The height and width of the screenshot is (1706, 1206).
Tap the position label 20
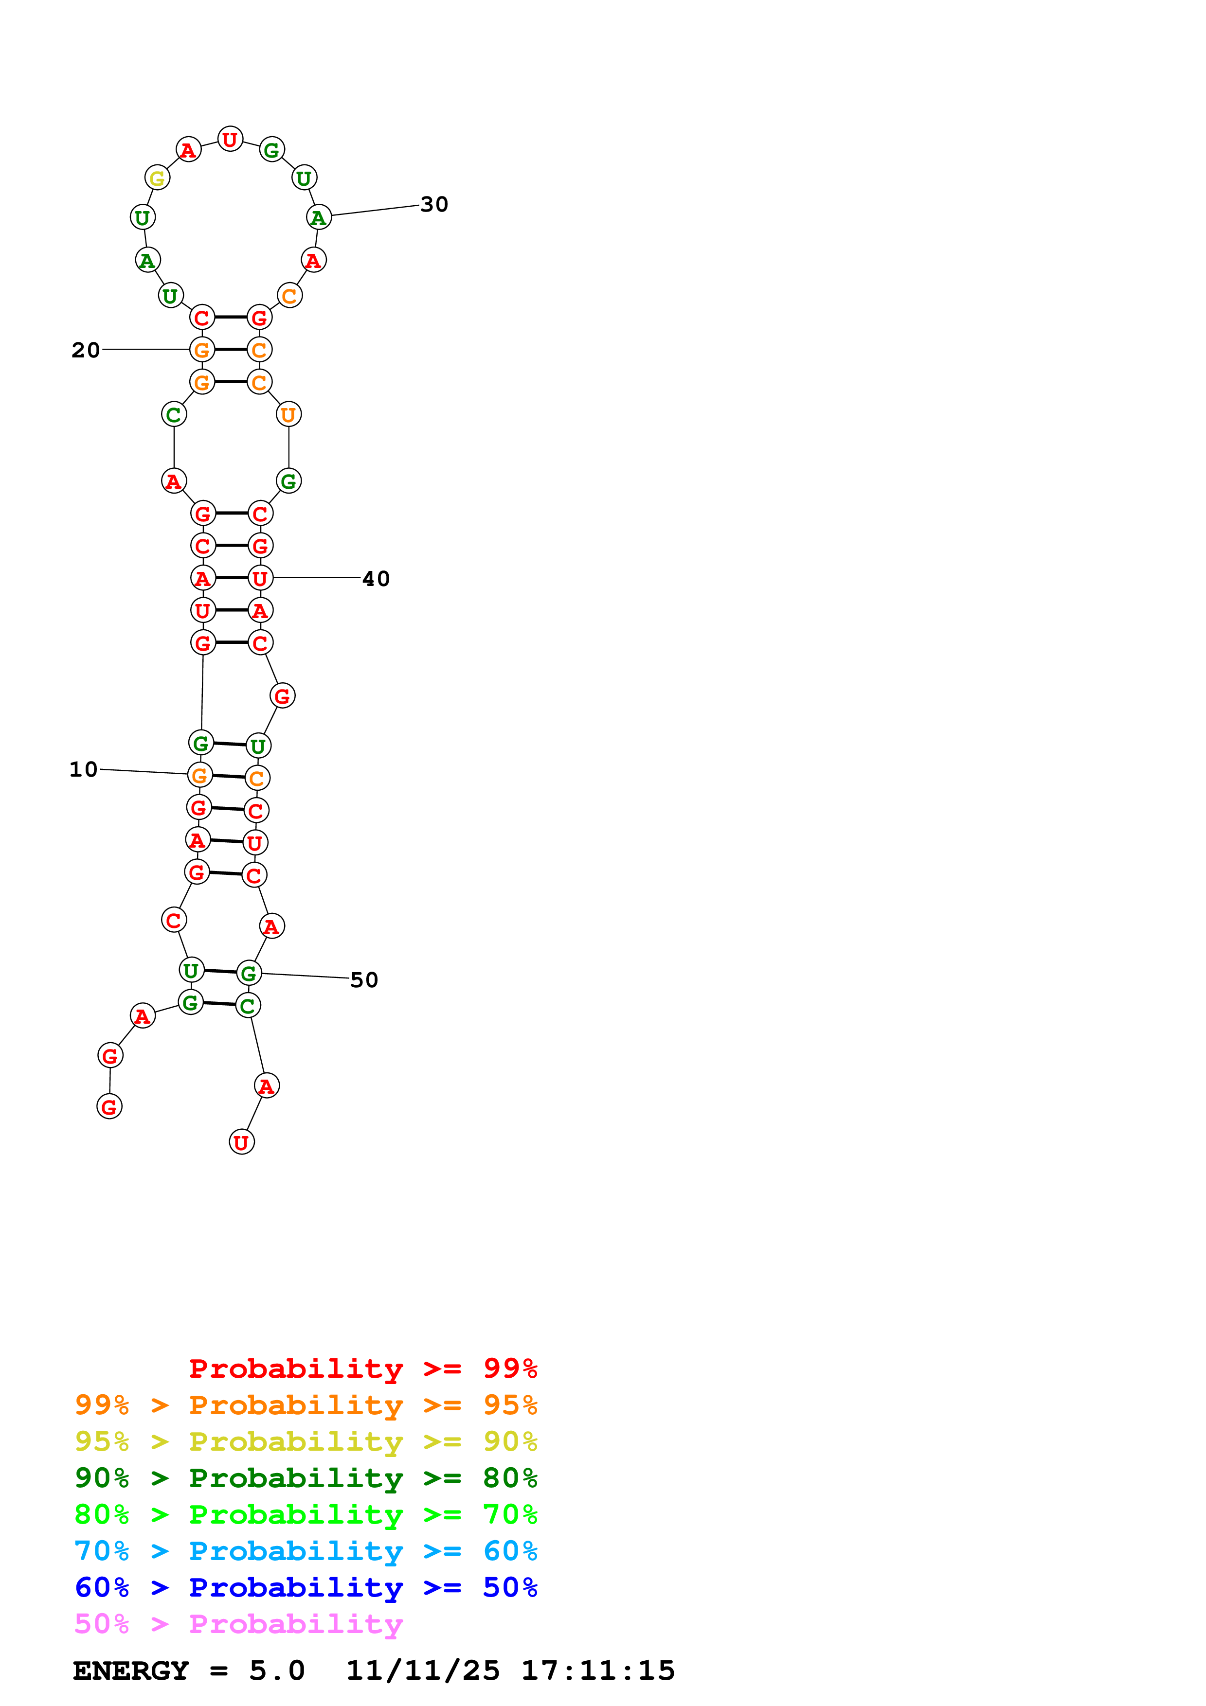[x=86, y=350]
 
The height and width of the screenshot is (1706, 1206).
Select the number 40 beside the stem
[x=376, y=579]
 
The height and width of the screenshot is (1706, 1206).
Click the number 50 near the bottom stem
[x=364, y=980]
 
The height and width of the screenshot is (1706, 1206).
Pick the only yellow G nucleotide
[x=157, y=178]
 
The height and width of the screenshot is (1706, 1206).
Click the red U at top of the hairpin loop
[x=230, y=139]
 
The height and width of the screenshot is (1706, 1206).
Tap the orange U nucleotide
[x=288, y=415]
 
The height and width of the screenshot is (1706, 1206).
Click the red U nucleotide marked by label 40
[x=260, y=578]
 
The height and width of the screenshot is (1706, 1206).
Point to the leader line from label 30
[x=375, y=210]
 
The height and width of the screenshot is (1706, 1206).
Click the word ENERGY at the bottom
[x=131, y=1671]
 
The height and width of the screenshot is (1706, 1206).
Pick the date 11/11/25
[x=423, y=1671]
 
